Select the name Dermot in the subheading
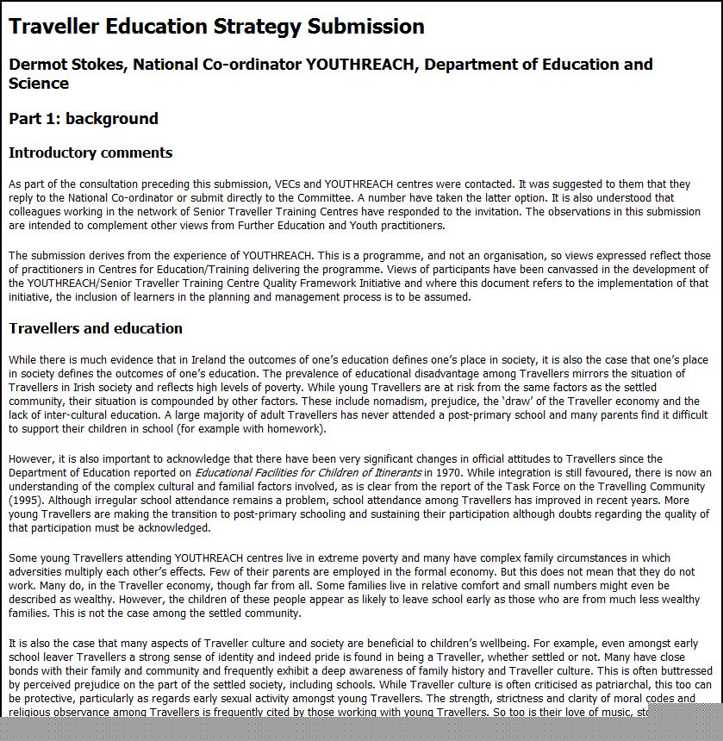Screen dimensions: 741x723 point(41,65)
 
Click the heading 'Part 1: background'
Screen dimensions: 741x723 point(84,119)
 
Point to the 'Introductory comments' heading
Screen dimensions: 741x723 point(90,153)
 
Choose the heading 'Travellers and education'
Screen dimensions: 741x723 point(96,328)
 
